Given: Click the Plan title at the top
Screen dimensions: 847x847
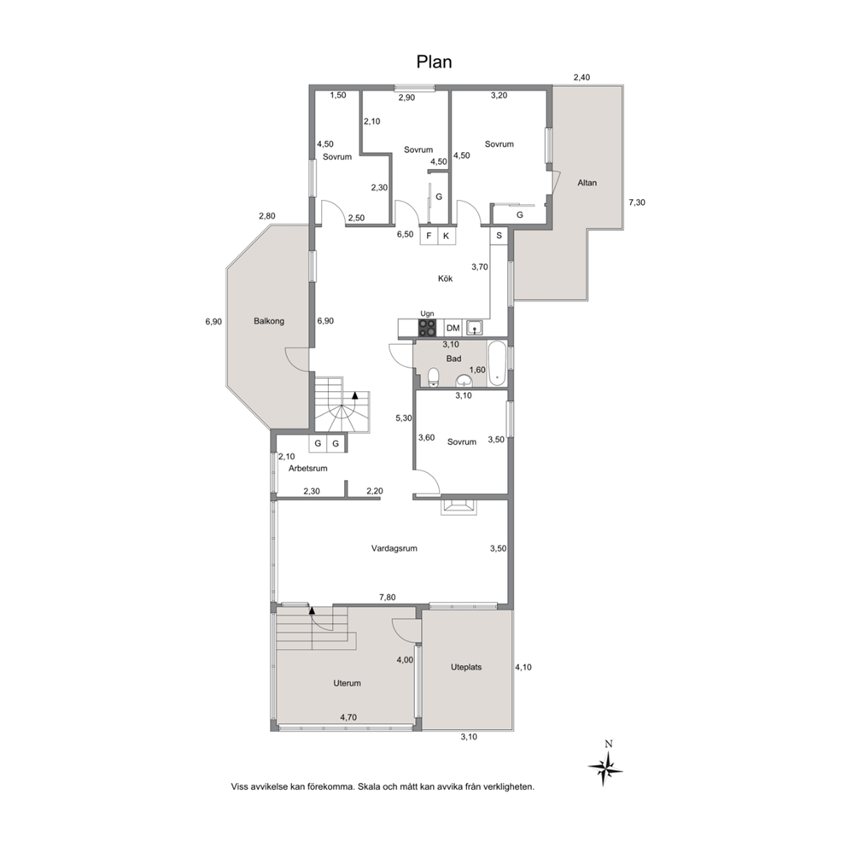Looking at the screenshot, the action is pos(434,62).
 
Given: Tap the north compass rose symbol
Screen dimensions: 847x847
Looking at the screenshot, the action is pos(605,767).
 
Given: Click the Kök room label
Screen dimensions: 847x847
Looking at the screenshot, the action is pos(445,278).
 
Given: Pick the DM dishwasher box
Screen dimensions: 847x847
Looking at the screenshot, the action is pos(453,328).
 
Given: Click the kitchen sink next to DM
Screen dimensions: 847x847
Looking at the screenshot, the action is pos(474,328).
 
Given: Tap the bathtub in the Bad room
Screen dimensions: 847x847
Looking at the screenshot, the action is pos(497,363).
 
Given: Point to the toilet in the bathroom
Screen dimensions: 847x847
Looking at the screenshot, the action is pos(433,377).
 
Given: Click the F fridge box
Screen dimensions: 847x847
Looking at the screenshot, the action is pos(429,236).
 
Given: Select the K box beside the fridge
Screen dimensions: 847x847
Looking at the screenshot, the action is pos(447,236).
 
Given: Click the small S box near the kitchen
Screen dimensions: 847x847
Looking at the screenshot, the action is pos(499,236).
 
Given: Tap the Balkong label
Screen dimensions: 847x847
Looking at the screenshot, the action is pos(269,321).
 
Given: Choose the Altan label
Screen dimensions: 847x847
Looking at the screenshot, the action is pos(587,183).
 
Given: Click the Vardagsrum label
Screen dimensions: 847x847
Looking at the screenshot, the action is pos(394,548).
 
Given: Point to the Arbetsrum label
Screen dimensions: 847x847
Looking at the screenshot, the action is pos(308,469).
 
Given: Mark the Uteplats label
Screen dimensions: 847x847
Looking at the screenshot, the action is pos(466,667).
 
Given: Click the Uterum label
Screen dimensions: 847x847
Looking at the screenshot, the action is pos(347,683).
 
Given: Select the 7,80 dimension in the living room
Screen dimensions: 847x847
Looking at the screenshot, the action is pos(388,597).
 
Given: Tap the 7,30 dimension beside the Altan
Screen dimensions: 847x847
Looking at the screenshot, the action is pos(637,202).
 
